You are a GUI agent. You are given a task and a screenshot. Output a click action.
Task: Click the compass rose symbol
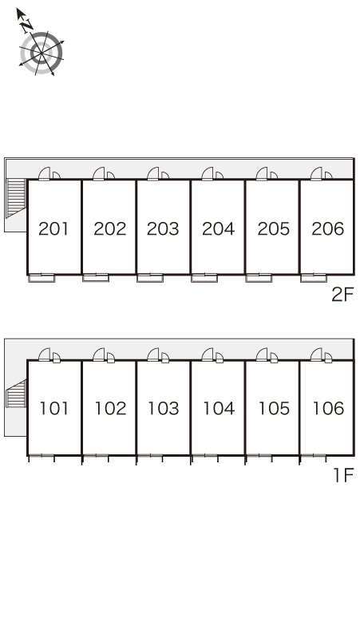coord(41,53)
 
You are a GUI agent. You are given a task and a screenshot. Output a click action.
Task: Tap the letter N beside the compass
coord(27,26)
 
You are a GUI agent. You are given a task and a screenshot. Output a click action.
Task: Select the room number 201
coord(53,228)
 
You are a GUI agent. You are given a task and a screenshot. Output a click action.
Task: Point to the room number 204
coord(218,228)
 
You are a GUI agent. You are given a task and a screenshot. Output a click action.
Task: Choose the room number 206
coord(328,228)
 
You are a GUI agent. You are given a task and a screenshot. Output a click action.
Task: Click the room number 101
coord(54,408)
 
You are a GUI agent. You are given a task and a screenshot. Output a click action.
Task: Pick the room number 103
coord(164,408)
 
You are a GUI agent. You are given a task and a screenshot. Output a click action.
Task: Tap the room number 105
coord(274,408)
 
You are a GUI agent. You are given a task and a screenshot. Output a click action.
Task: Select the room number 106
coord(328,408)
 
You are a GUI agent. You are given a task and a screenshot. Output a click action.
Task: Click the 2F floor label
coord(342,295)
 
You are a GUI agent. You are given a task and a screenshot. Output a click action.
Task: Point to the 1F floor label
coord(344,475)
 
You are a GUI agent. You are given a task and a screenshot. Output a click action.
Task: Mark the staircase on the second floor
coord(16,198)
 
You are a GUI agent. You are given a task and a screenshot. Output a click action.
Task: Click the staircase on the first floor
coord(16,394)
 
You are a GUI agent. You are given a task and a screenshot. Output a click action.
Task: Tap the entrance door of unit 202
coord(99,174)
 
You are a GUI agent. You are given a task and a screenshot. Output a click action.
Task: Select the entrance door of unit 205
coord(262,174)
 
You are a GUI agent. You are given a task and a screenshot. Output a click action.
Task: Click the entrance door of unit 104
coord(208,355)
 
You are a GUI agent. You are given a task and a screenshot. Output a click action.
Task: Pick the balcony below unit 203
coord(150,278)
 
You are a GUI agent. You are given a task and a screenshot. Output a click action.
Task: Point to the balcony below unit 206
coord(314,278)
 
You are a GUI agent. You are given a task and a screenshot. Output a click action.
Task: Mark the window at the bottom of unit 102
coord(96,456)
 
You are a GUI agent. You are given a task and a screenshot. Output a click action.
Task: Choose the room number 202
coord(110,228)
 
